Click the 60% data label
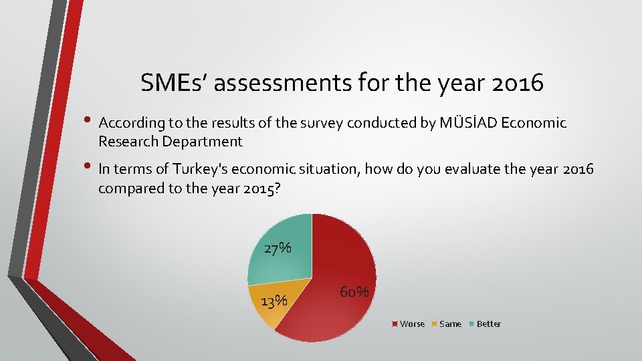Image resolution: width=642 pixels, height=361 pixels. [x=354, y=293]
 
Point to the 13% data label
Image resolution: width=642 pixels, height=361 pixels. [x=274, y=302]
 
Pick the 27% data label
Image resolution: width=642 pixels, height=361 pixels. [x=278, y=249]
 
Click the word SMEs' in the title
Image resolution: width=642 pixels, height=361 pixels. [x=175, y=83]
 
